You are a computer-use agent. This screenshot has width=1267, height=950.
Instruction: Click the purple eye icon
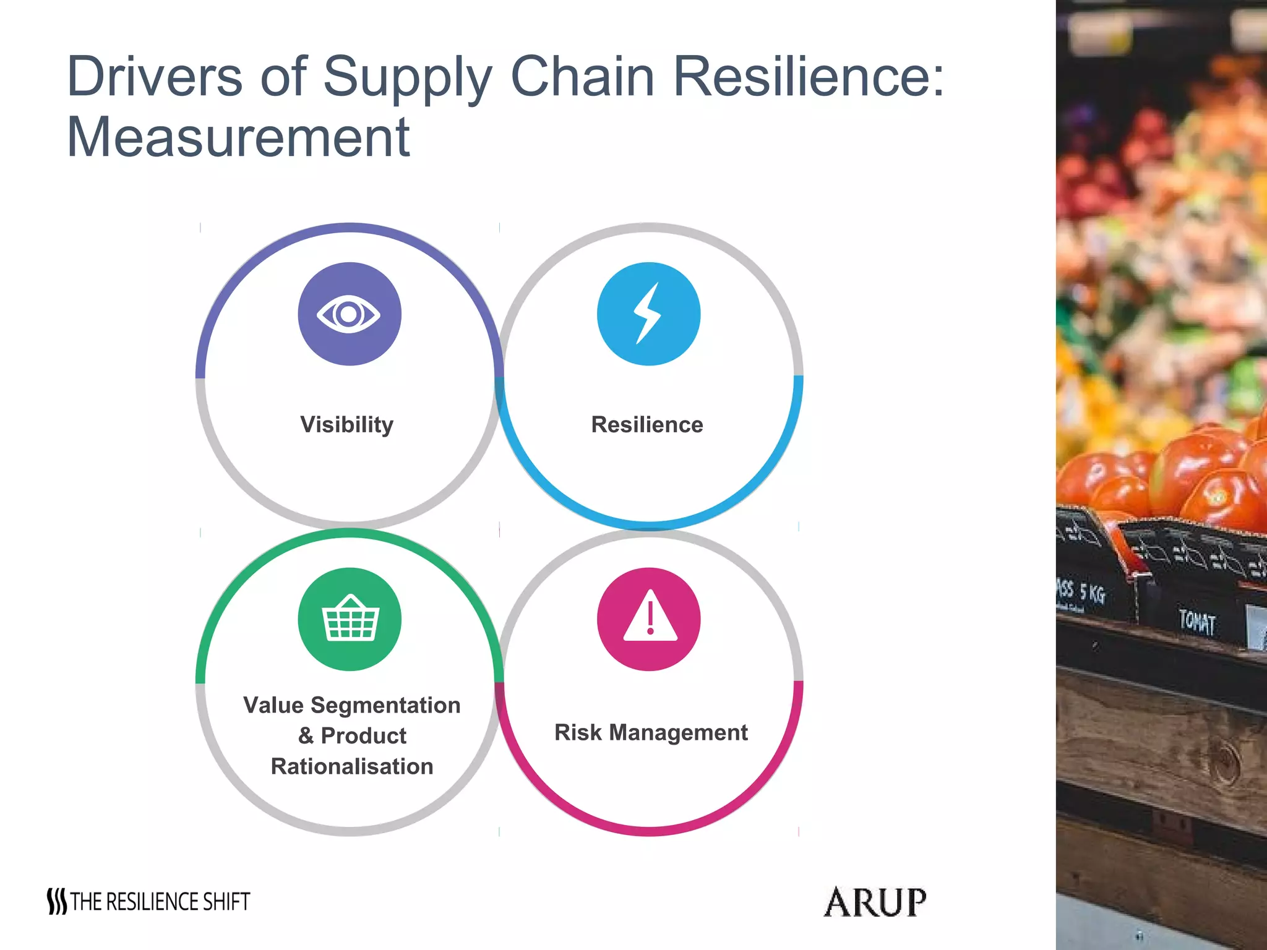click(350, 314)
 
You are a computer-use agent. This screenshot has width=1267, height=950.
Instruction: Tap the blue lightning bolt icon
click(648, 314)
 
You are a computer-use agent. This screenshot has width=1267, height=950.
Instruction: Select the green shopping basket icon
click(350, 618)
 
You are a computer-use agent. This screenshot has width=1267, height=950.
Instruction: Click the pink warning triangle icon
click(649, 618)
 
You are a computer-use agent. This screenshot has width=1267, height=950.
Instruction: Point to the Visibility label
click(346, 425)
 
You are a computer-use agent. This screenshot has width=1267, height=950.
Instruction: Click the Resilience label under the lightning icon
click(647, 425)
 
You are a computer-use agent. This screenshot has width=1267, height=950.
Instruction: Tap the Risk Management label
click(651, 732)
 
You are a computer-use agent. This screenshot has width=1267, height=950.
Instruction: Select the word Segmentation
click(385, 705)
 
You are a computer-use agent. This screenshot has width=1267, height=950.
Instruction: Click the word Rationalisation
click(352, 766)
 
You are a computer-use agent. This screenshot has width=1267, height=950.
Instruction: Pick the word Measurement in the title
click(238, 137)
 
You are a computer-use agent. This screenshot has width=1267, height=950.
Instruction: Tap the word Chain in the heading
click(582, 76)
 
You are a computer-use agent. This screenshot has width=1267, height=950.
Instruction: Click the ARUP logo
click(875, 902)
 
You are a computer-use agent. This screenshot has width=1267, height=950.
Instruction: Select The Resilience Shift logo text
click(160, 902)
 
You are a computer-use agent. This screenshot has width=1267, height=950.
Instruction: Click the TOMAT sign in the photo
click(1197, 622)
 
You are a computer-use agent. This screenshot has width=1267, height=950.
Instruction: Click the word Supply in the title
click(408, 77)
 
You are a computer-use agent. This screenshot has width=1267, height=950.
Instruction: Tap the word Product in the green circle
click(363, 735)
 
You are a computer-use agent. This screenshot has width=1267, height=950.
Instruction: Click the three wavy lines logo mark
click(57, 902)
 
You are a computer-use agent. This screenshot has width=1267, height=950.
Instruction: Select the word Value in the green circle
click(273, 705)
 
